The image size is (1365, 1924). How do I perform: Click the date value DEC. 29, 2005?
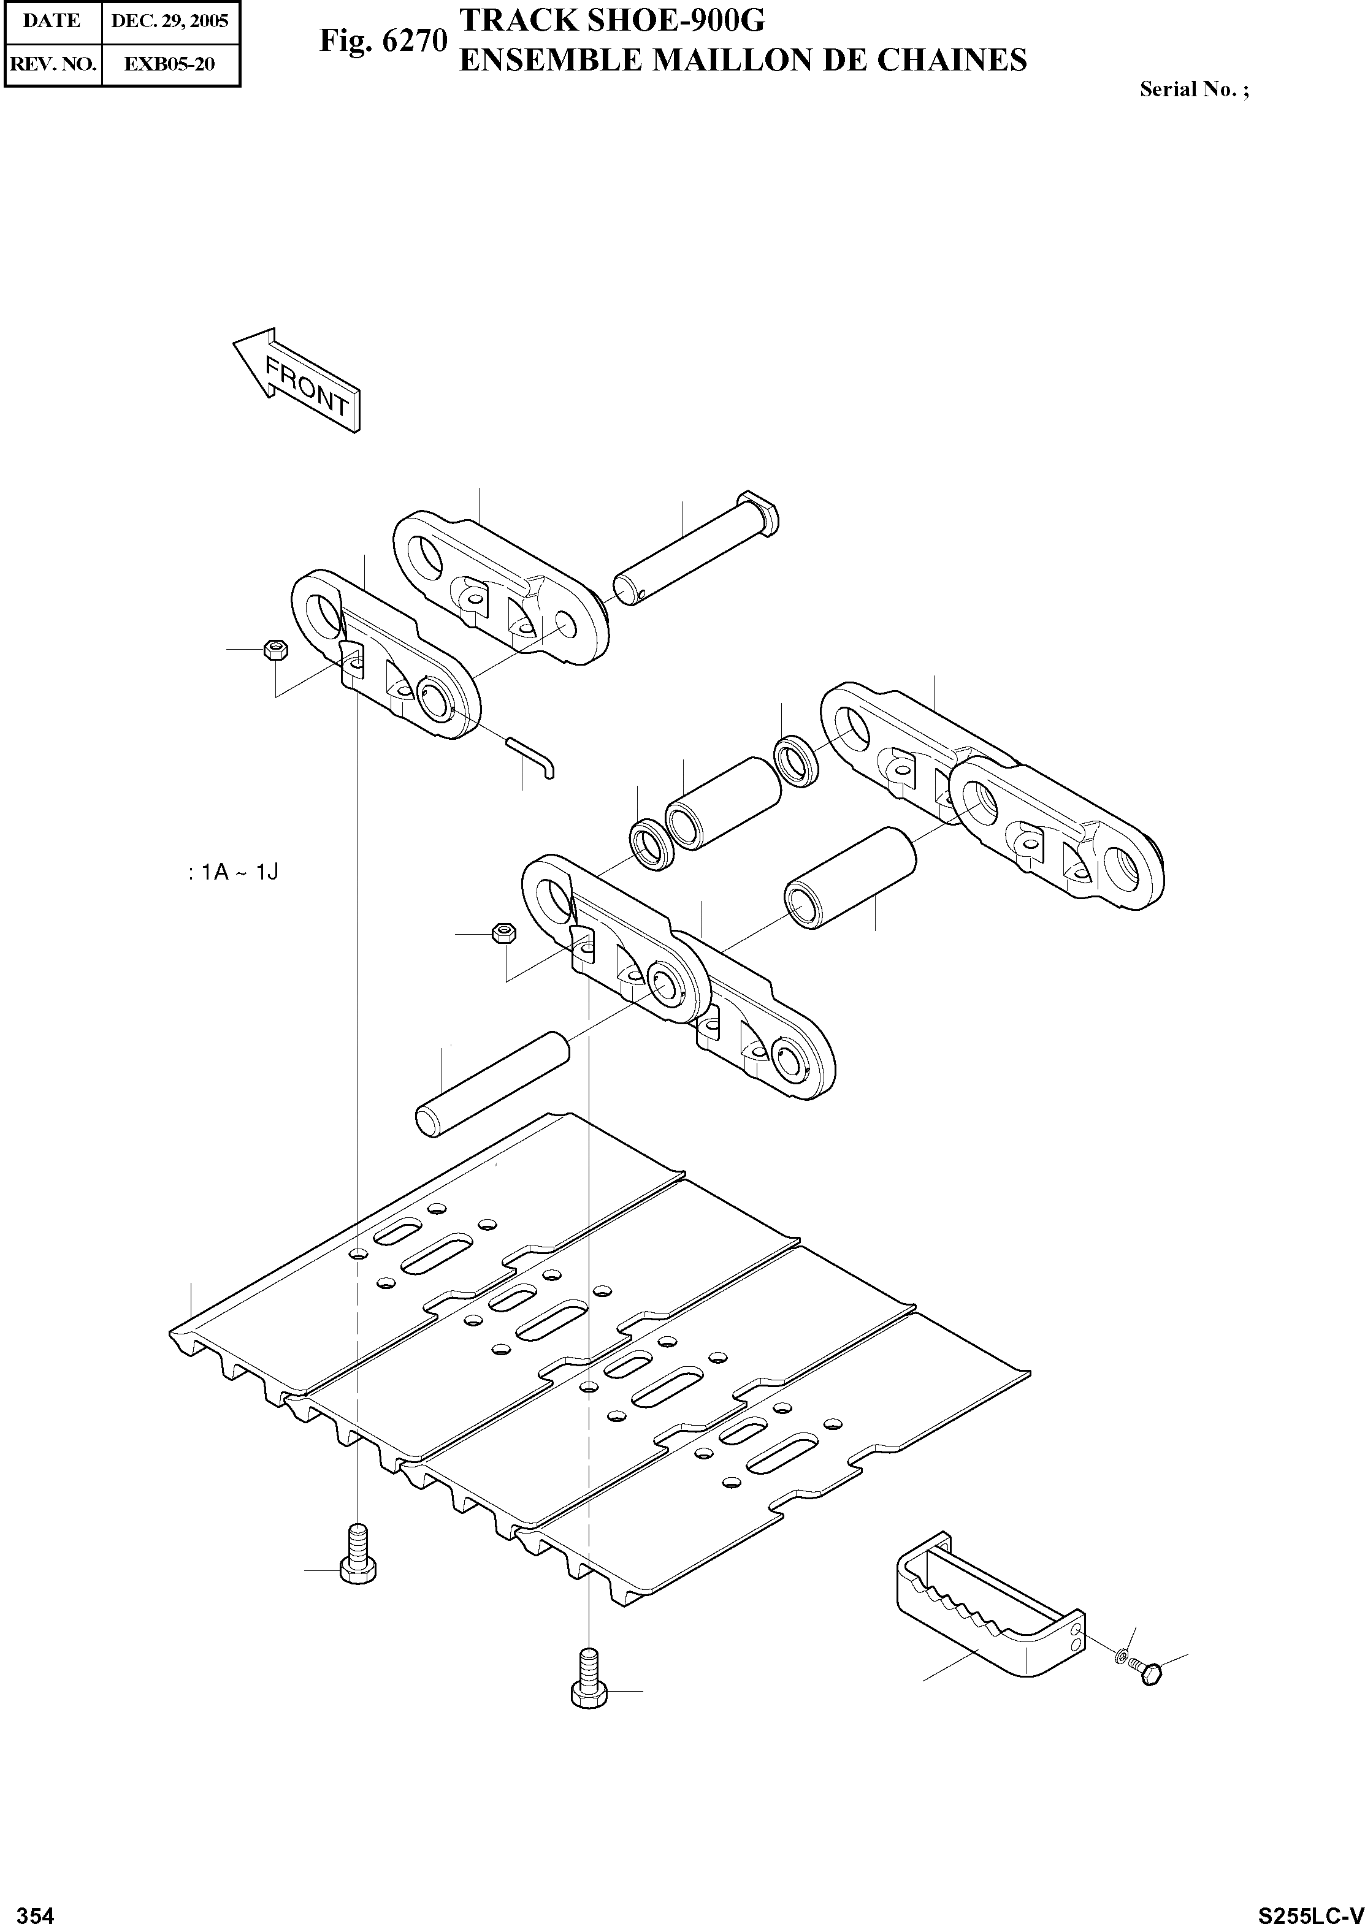[x=170, y=21]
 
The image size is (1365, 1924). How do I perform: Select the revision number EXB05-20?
[x=169, y=64]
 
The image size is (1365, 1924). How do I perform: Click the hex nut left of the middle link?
[x=503, y=933]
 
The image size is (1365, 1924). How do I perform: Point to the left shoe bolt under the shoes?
[x=358, y=1561]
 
